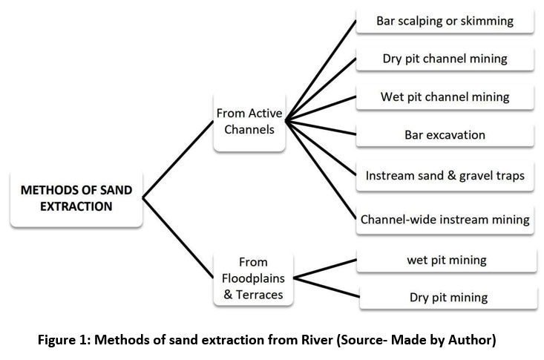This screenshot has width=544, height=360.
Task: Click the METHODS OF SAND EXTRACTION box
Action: tap(76, 199)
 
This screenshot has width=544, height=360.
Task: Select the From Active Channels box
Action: tap(249, 122)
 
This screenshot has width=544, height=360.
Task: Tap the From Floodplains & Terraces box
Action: tap(253, 278)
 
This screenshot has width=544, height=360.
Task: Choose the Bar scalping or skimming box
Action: tap(445, 21)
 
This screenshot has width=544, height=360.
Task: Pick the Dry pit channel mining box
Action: tap(445, 59)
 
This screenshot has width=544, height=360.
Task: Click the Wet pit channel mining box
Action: tap(445, 96)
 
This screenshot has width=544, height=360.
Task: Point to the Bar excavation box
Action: tap(445, 134)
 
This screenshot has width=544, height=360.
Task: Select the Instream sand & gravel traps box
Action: tap(445, 176)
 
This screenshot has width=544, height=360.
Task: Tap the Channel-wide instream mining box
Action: tap(445, 220)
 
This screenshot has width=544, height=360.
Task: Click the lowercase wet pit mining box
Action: tap(447, 260)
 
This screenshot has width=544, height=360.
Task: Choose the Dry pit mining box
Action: tap(448, 298)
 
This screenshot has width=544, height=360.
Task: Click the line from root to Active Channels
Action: tap(178, 160)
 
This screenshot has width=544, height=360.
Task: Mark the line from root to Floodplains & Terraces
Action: tap(178, 238)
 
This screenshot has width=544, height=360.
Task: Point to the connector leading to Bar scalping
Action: tap(321, 71)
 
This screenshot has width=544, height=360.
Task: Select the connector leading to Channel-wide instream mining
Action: tap(321, 170)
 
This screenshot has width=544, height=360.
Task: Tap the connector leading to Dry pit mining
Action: tap(327, 287)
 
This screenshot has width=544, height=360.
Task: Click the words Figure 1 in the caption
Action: tap(64, 339)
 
